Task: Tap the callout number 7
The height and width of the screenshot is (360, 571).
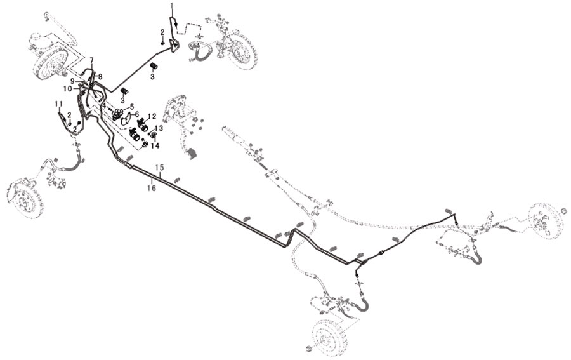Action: click(x=92, y=60)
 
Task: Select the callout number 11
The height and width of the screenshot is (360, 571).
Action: click(x=58, y=104)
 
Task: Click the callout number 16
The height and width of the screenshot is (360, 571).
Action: click(x=152, y=188)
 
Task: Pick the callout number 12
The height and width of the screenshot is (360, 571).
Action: click(x=152, y=116)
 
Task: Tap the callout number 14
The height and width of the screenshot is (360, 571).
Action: click(x=155, y=146)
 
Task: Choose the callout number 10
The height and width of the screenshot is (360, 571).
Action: click(x=68, y=88)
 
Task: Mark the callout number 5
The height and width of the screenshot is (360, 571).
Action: click(x=132, y=107)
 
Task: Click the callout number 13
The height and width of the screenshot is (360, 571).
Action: click(x=159, y=128)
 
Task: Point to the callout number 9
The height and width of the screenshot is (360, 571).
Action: click(x=73, y=81)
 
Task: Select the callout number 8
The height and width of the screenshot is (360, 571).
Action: click(x=100, y=77)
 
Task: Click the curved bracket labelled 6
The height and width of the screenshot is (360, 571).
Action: click(x=126, y=120)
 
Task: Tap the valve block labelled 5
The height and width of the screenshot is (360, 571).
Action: click(x=117, y=114)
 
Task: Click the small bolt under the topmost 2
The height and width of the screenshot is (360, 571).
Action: click(x=163, y=43)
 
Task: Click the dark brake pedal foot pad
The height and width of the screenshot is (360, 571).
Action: click(x=192, y=154)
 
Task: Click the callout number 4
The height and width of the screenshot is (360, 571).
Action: click(x=104, y=106)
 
